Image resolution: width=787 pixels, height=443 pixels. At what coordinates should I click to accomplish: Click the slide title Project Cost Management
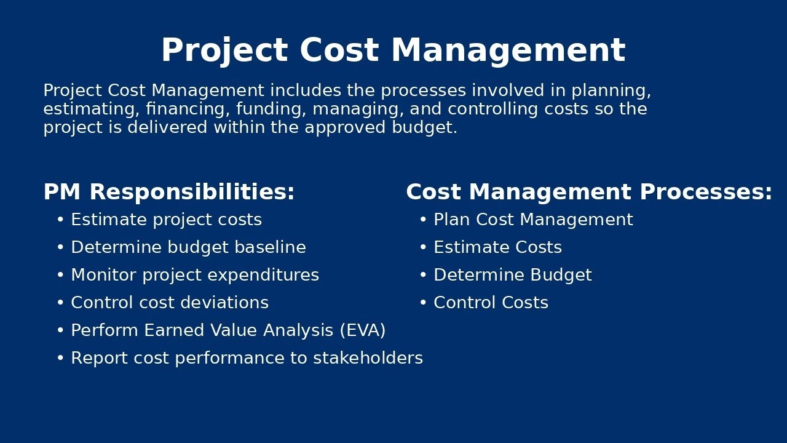coord(393,51)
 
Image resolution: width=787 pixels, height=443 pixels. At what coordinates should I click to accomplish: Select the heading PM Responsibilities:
coord(169,193)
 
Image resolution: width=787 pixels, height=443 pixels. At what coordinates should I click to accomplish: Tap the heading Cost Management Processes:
coord(588,193)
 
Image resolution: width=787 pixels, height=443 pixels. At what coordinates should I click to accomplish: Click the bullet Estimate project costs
coord(166,220)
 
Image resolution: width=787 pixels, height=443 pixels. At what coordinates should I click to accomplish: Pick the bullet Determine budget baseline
coord(188,248)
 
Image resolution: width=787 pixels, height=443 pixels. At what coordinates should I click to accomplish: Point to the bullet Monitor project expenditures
coord(195,276)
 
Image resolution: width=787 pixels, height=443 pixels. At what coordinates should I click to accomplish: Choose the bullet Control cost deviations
coord(170,303)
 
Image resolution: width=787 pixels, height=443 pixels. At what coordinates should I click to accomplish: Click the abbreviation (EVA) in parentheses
coord(362,331)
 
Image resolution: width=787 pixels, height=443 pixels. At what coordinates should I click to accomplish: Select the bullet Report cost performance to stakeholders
coord(247,359)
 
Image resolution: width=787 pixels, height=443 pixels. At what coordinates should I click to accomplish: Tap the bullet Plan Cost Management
coord(533,220)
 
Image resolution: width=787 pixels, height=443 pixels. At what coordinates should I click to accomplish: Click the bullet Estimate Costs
coord(497,248)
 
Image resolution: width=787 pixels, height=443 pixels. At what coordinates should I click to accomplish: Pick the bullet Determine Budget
coord(512,276)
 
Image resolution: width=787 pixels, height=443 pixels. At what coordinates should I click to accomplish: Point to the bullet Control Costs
coord(491,303)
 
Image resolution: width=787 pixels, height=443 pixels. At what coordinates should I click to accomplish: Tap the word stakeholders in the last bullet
coord(368,359)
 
